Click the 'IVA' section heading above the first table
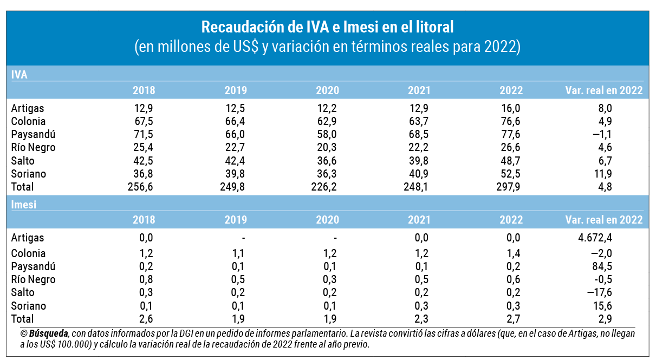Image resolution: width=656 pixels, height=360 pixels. pyautogui.click(x=20, y=75)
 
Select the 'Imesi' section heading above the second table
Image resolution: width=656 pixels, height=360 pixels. pyautogui.click(x=24, y=204)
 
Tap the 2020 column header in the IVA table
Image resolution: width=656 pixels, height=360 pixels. pyautogui.click(x=328, y=90)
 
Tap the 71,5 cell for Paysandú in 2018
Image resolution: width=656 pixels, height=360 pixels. pyautogui.click(x=143, y=134)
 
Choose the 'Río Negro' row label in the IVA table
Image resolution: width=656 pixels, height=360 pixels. pyautogui.click(x=33, y=147)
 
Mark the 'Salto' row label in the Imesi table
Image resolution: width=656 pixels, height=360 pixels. pyautogui.click(x=23, y=292)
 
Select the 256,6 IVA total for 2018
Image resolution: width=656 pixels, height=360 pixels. pyautogui.click(x=140, y=187)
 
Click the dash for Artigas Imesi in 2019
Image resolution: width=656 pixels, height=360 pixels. pyautogui.click(x=244, y=238)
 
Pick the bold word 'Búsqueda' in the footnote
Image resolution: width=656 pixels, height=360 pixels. pyautogui.click(x=49, y=333)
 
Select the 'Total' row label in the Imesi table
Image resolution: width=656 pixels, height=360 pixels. pyautogui.click(x=22, y=319)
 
